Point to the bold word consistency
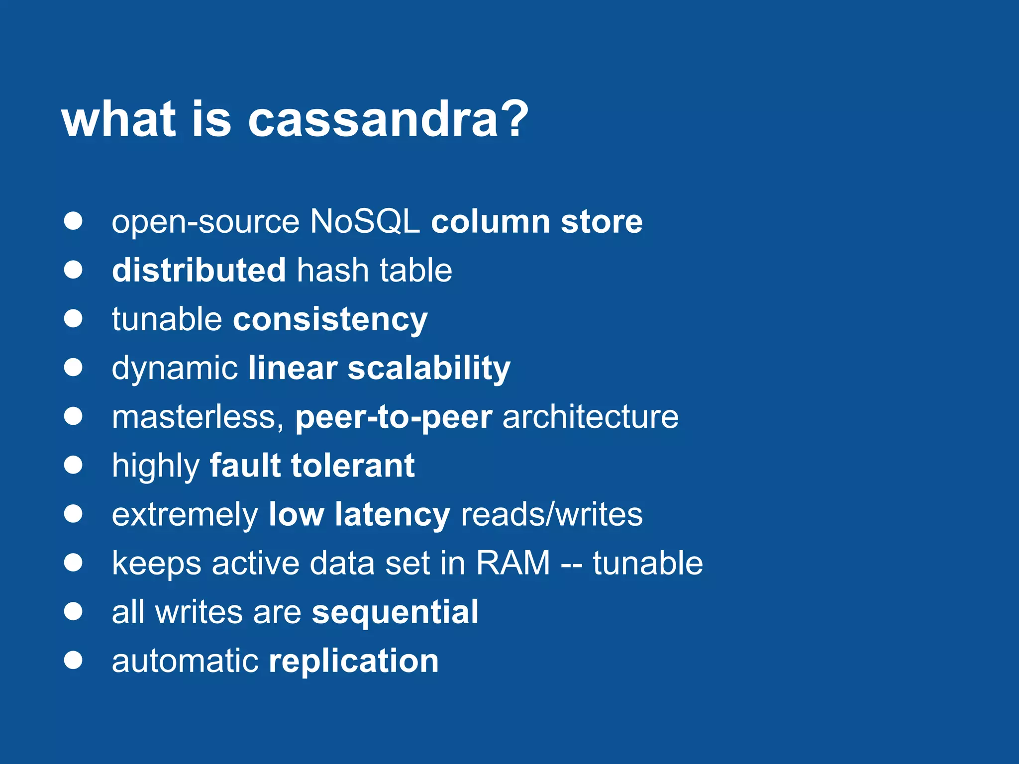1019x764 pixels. (330, 319)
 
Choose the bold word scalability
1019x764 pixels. (429, 368)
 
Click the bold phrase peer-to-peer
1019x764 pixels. (394, 417)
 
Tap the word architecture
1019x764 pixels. (590, 417)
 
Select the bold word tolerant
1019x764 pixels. (353, 466)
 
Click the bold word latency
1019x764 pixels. (392, 514)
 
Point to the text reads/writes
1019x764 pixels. (551, 514)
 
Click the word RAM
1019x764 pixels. (513, 563)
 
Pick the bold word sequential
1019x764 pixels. (395, 612)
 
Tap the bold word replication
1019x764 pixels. (353, 661)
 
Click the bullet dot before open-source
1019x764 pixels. (73, 221)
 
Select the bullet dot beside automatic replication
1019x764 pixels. (73, 661)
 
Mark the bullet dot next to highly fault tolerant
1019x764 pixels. (73, 466)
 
